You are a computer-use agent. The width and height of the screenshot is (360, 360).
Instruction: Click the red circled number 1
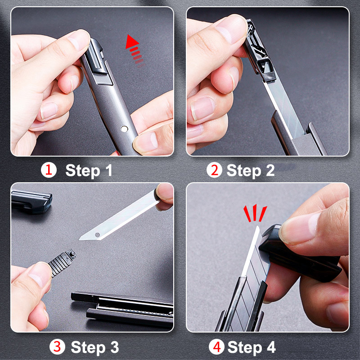[x=49, y=170]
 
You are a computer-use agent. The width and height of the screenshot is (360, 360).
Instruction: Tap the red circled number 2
[x=214, y=170]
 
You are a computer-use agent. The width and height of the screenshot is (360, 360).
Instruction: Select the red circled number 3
[x=57, y=346]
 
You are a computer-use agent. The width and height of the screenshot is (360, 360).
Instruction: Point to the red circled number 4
[x=216, y=346]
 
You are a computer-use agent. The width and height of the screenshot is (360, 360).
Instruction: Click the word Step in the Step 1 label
[x=83, y=171]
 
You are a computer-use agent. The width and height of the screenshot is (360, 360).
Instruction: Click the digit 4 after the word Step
[x=271, y=347]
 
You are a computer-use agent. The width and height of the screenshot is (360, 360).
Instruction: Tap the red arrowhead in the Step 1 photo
[x=131, y=41]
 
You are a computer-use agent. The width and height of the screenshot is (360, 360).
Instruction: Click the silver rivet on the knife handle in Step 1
[x=124, y=129]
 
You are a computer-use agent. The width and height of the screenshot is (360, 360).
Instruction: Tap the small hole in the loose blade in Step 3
[x=98, y=234]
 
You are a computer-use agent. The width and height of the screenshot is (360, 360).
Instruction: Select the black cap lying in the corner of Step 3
[x=31, y=201]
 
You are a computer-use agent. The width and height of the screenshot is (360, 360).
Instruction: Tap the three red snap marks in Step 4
[x=255, y=213]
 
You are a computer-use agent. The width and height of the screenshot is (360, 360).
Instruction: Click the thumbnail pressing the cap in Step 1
[x=79, y=40]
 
